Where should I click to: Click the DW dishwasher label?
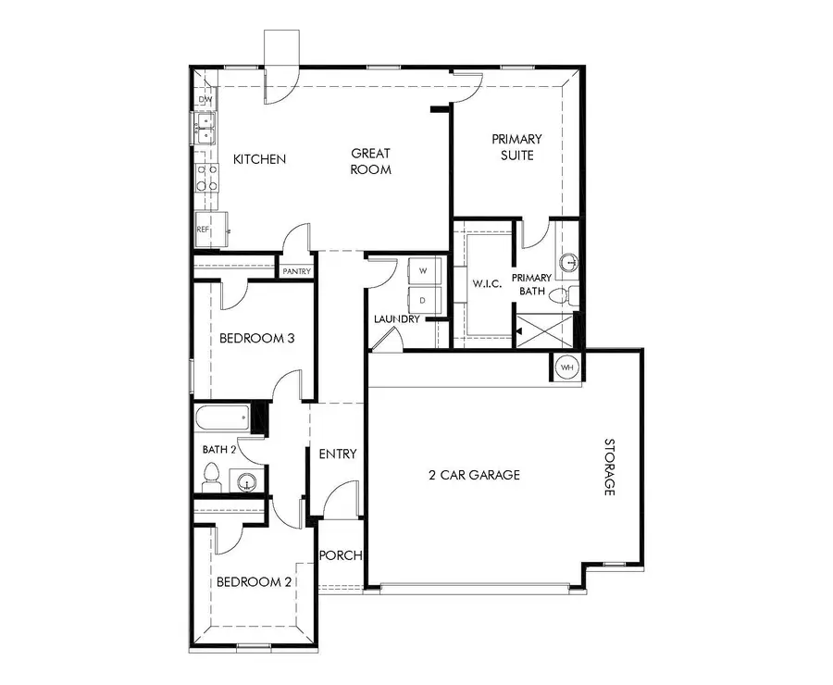[x=205, y=100]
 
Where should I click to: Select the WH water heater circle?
[x=566, y=367]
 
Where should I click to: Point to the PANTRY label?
[x=297, y=271]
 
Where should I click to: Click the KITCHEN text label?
[x=259, y=159]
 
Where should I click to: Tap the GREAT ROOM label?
[x=370, y=161]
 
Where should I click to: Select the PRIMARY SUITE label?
[x=516, y=147]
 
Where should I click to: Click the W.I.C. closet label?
[x=487, y=283]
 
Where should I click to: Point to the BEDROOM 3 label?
[x=256, y=339]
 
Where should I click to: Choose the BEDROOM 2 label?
[x=254, y=582]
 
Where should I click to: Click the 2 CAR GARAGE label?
[x=474, y=475]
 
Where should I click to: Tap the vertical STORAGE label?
[x=610, y=467]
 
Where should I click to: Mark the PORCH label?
[x=340, y=555]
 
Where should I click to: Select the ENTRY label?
[x=338, y=454]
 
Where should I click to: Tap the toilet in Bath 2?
[x=211, y=478]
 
